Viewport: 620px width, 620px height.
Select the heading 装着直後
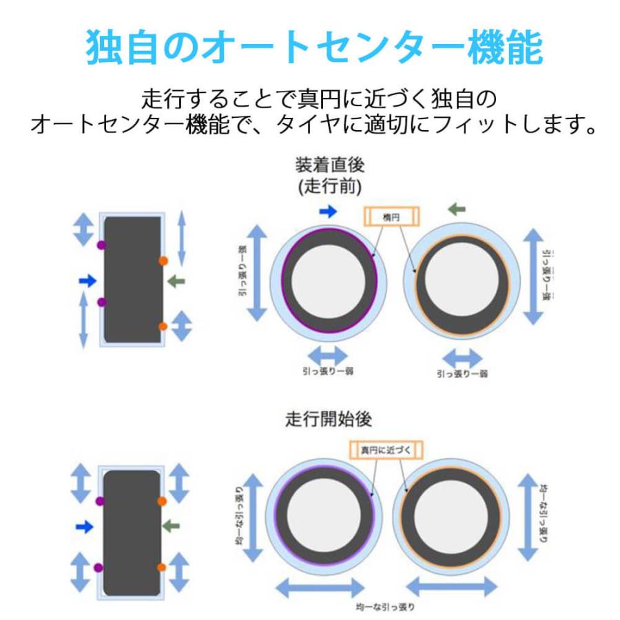point(329,165)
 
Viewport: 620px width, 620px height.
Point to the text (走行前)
point(329,186)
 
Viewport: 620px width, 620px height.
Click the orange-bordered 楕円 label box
point(391,216)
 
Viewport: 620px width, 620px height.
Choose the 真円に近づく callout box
point(385,449)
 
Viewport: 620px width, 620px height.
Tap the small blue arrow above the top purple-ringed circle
point(329,211)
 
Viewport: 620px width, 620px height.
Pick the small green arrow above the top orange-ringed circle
point(456,209)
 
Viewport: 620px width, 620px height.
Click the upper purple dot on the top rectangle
point(101,245)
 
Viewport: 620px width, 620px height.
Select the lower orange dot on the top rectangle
point(163,326)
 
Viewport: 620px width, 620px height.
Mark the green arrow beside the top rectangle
point(176,280)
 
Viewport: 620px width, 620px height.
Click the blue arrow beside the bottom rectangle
point(84,526)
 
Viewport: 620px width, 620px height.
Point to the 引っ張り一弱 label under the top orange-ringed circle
point(462,373)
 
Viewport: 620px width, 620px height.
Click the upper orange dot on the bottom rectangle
point(162,501)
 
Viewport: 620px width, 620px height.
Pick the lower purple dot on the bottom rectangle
point(99,567)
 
